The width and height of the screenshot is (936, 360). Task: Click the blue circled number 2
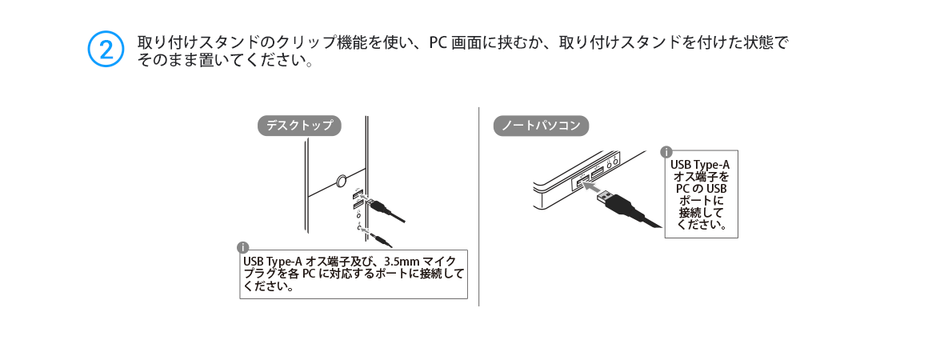coord(106,49)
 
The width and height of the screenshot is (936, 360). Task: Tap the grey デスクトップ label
coord(299,126)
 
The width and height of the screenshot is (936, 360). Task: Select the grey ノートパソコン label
coord(541,126)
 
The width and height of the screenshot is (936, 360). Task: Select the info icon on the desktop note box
coord(242,248)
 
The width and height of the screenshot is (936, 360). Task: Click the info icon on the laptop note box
coord(666,152)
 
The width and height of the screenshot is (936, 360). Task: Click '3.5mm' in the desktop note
coord(403,262)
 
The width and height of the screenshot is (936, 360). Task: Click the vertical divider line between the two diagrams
coord(478,206)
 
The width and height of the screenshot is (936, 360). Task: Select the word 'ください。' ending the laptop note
coord(702,225)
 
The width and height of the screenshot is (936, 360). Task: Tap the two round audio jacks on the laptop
coord(611,162)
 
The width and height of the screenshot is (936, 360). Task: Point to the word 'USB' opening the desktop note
coord(253,262)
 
